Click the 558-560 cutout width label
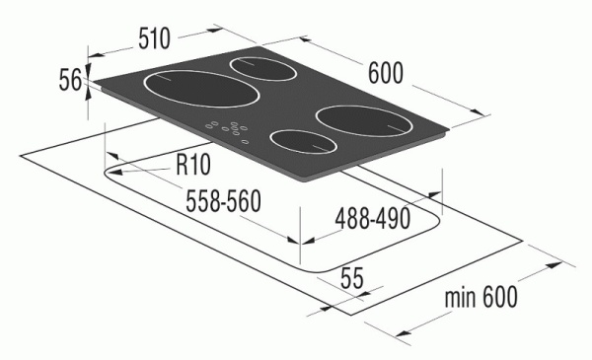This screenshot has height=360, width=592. (223, 200)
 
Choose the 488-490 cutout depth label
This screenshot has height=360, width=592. (372, 219)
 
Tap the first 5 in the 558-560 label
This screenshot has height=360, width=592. (192, 200)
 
